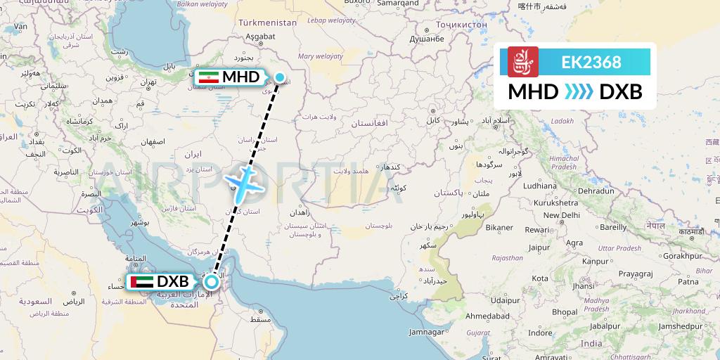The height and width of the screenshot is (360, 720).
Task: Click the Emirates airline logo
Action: coord(522,62)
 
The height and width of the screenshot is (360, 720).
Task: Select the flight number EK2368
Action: coord(591,62)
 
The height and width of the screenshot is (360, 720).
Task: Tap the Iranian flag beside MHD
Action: coord(208,77)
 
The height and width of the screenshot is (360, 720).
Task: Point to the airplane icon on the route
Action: coord(243,181)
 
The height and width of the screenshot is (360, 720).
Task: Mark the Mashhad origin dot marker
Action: coord(280,77)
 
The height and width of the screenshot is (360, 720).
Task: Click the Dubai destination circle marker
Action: coord(211,282)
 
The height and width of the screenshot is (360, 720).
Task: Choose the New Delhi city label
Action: coord(560,215)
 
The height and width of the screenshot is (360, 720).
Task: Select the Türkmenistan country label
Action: coord(267,22)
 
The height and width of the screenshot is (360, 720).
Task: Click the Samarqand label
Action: coord(398,3)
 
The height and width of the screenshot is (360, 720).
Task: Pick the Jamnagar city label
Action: coord(427,331)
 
